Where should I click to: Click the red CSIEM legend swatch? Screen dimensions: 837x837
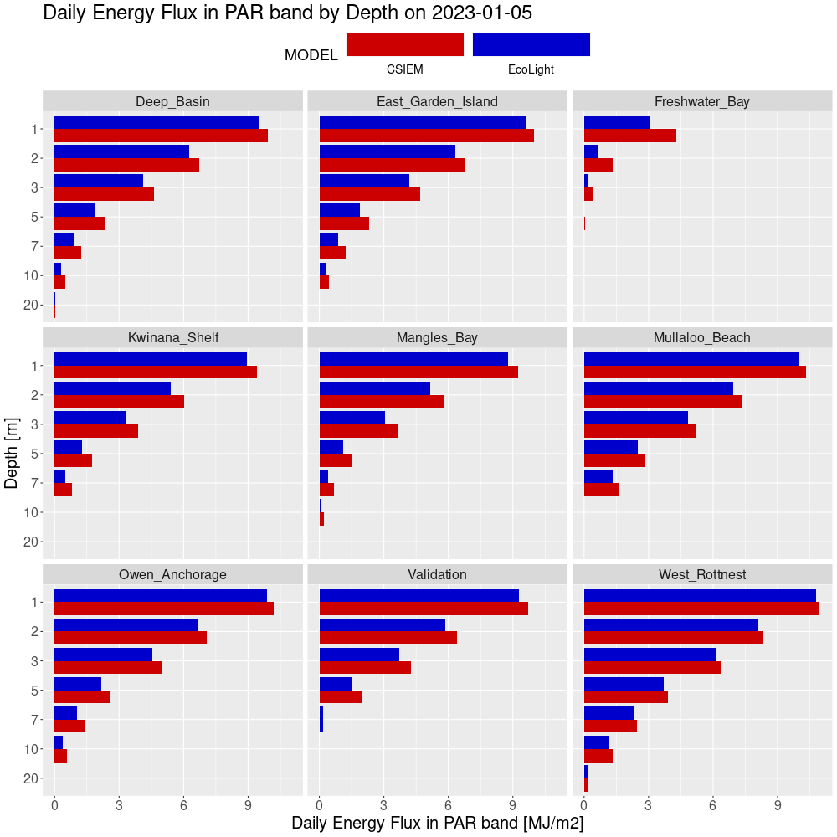(404, 45)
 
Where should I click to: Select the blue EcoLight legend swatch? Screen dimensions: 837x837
(531, 45)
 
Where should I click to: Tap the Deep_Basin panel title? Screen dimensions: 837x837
(172, 101)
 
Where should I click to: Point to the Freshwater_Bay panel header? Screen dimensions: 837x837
(701, 101)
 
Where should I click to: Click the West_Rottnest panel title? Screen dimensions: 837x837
(701, 574)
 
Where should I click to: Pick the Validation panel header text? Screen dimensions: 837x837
(437, 574)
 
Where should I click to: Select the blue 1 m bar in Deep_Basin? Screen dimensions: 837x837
(157, 121)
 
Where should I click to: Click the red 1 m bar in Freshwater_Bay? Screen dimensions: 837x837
(629, 136)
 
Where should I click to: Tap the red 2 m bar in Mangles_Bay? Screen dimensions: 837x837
(381, 402)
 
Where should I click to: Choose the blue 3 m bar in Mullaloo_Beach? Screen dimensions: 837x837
(635, 417)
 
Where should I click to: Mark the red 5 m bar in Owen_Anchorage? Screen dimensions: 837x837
(82, 697)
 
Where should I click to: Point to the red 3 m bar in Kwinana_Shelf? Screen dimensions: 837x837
(96, 431)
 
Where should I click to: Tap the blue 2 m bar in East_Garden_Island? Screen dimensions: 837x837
(387, 151)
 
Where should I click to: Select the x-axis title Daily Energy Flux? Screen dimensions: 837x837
(437, 824)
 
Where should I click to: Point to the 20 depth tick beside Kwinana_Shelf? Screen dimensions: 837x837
(32, 542)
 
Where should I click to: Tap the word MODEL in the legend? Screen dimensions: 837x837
(311, 55)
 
